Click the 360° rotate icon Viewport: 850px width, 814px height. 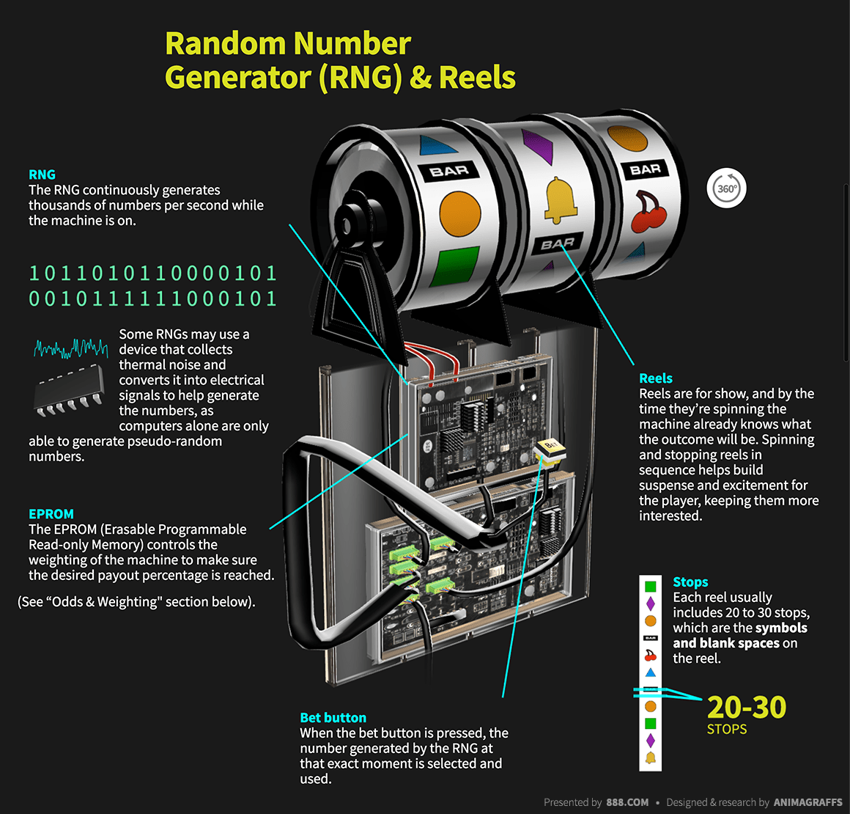coord(726,188)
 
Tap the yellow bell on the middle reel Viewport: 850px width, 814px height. coord(561,199)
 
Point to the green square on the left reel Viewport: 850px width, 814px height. coord(454,268)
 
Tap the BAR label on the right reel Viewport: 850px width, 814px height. coord(645,169)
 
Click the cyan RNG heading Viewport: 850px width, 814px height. coord(42,175)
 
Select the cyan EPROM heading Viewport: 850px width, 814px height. coord(51,514)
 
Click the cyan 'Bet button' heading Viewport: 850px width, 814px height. coord(333,718)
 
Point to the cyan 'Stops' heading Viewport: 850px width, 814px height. coord(690,582)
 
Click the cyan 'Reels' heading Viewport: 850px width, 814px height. coord(655,378)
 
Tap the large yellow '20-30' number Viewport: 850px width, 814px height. coord(746,708)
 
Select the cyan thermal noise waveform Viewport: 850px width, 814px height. coord(70,348)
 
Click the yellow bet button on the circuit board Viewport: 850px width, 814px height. coord(549,448)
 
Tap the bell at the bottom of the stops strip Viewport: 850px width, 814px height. coord(650,758)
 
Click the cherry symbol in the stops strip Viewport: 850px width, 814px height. coord(650,656)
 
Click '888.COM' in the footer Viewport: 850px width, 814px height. coord(627,802)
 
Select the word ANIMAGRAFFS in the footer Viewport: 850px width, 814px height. coord(807,802)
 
